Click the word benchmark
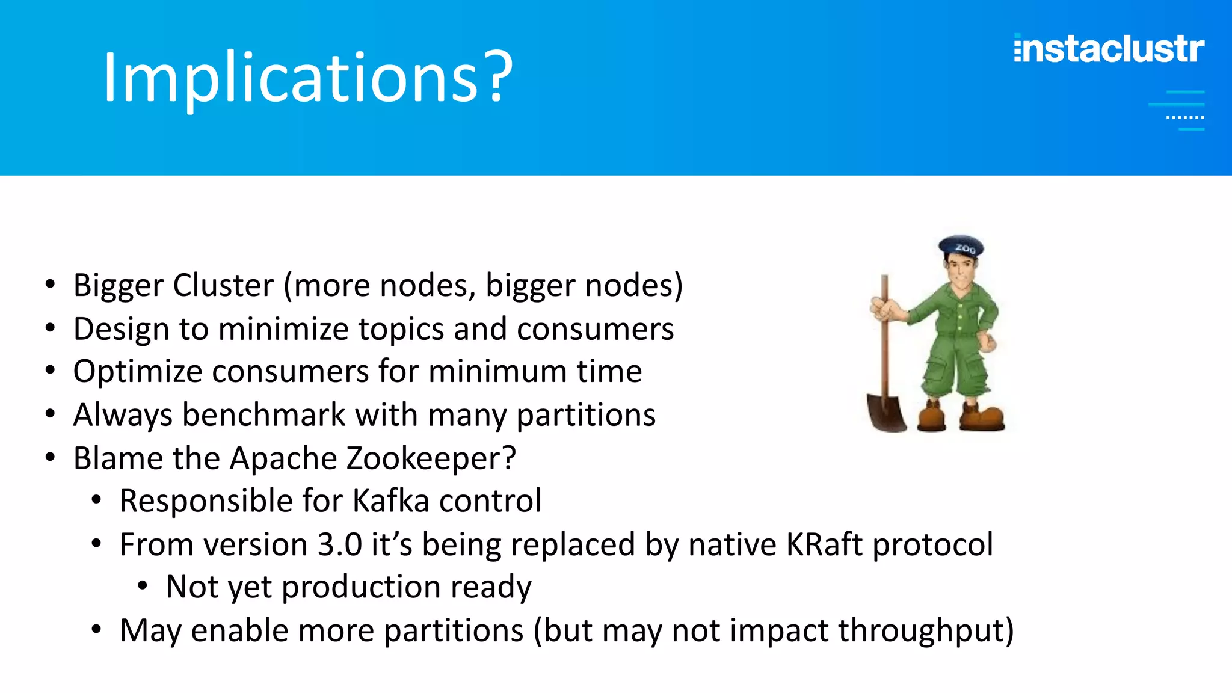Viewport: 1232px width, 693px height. tap(263, 415)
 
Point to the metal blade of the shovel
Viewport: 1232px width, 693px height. tap(886, 413)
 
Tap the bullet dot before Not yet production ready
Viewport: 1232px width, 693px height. tap(143, 585)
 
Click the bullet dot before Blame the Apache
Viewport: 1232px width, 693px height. tap(51, 458)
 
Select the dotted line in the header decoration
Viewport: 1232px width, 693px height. tap(1184, 117)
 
